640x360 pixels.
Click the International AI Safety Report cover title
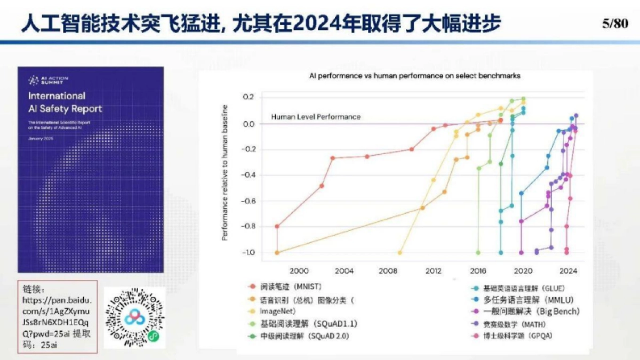(x=65, y=102)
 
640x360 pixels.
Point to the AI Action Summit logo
(x=49, y=81)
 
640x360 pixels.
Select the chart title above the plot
(x=415, y=76)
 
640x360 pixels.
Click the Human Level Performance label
(x=316, y=117)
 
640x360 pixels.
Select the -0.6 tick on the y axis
(x=249, y=201)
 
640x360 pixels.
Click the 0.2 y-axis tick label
(x=249, y=98)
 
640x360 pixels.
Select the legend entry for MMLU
(x=528, y=300)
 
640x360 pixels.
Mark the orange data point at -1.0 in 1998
(x=277, y=252)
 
